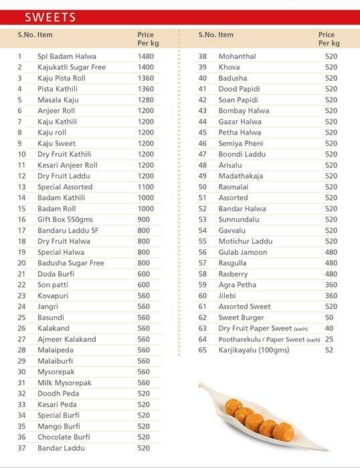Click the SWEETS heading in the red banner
[x=50, y=17]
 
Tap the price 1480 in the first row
[x=145, y=56]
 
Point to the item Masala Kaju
[x=56, y=100]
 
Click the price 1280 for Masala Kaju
[x=145, y=100]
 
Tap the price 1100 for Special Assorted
[x=145, y=187]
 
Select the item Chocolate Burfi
[x=64, y=437]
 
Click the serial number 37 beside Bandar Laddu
[x=21, y=448]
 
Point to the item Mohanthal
[x=237, y=56]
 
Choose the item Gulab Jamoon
[x=242, y=252]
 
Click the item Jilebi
[x=228, y=296]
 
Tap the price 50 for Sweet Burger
[x=329, y=318]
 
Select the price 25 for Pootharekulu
[x=329, y=339]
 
